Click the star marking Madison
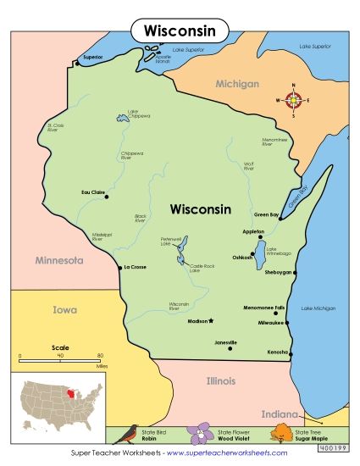point(212,321)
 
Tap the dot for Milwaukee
point(287,322)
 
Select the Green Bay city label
point(268,214)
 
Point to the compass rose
point(293,100)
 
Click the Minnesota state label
point(58,260)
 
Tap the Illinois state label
point(220,380)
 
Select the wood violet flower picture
point(203,435)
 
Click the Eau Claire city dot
point(106,196)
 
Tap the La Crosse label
point(136,267)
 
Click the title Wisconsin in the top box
point(180,31)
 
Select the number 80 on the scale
point(100,356)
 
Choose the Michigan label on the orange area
point(237,84)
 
